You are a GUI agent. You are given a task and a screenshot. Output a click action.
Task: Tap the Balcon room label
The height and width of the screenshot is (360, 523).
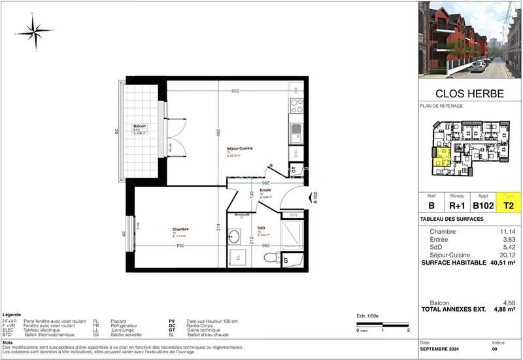[139, 126]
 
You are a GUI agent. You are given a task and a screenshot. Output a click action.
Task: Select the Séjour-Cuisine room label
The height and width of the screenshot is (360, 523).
[240, 149]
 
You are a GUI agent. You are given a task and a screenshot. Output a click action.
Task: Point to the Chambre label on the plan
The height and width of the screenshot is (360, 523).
[181, 229]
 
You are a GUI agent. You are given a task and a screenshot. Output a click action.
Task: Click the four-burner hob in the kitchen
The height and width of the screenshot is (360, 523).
[297, 105]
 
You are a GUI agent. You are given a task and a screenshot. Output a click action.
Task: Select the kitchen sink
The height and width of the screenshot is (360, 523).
[297, 131]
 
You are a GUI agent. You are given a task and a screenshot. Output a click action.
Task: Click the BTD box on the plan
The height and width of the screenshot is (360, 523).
[296, 154]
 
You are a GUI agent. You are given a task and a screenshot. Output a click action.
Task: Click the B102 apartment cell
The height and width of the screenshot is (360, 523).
[482, 205]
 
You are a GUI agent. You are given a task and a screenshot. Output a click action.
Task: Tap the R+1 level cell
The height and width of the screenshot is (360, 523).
[457, 205]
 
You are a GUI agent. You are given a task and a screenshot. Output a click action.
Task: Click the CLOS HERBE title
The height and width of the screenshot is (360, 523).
[469, 93]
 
